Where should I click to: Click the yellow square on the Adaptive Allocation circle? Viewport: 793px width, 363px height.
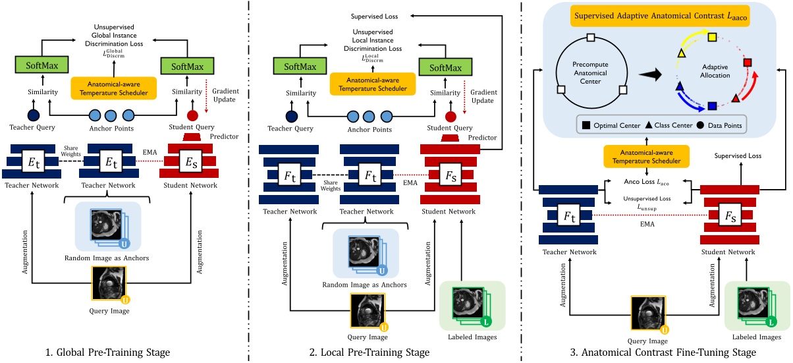tap(711, 37)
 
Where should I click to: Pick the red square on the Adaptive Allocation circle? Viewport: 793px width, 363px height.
tap(748, 63)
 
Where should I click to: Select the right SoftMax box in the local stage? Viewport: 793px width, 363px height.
tap(443, 67)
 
